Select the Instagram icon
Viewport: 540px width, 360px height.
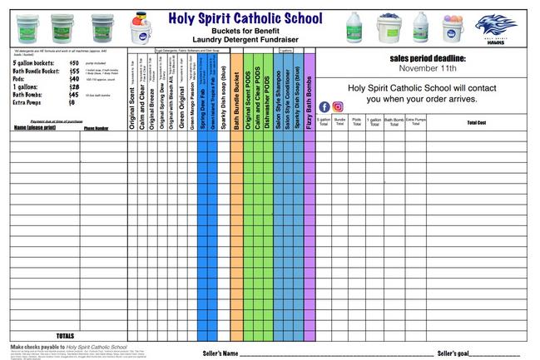(x=338, y=106)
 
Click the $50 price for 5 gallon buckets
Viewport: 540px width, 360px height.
(x=74, y=63)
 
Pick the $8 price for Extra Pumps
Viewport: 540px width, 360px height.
(x=72, y=101)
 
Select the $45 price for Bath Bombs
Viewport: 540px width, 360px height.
(x=74, y=94)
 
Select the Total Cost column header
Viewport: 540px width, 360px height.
(x=476, y=122)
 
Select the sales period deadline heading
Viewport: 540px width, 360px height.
(x=428, y=58)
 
